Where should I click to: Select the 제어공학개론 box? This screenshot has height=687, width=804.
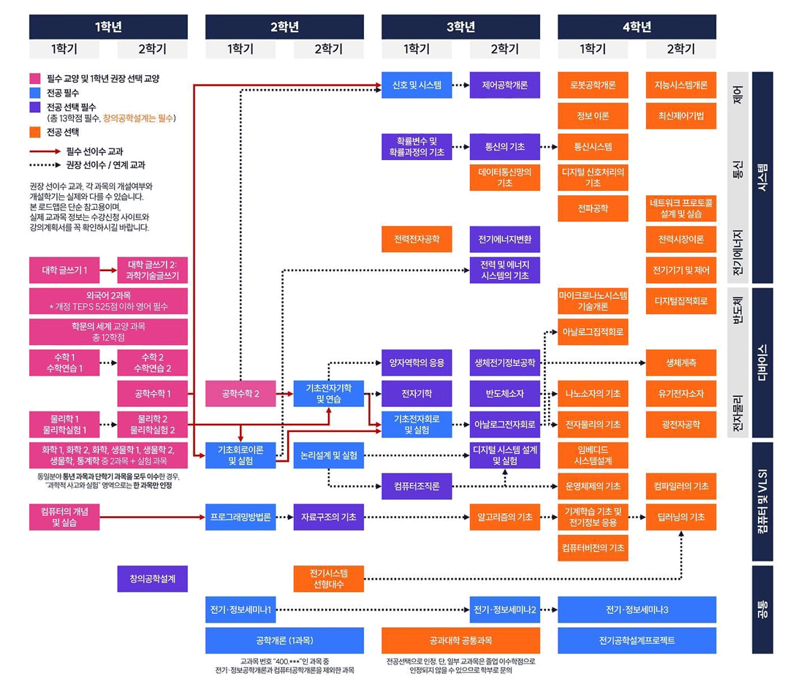tap(504, 85)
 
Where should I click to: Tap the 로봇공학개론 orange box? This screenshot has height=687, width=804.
tap(593, 85)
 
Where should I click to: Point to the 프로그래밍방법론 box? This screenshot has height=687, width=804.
tap(240, 517)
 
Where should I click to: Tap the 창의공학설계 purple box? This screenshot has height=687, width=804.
tap(152, 578)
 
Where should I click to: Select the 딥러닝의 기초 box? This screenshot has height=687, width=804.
tap(680, 517)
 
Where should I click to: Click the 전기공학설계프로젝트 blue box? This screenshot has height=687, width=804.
tap(637, 640)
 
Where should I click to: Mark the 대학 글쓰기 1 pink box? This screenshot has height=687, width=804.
tap(64, 270)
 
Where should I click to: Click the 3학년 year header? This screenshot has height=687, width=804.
tap(460, 27)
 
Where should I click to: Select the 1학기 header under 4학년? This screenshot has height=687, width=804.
tap(593, 49)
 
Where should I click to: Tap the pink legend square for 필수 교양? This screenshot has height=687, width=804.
tap(34, 78)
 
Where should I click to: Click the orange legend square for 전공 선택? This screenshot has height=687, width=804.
tap(34, 133)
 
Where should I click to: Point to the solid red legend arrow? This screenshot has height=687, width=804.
tap(44, 151)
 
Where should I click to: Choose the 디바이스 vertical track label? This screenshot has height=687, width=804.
tap(762, 363)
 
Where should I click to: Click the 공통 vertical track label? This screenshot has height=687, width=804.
tap(762, 610)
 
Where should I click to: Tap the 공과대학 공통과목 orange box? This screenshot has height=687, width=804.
tap(460, 640)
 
